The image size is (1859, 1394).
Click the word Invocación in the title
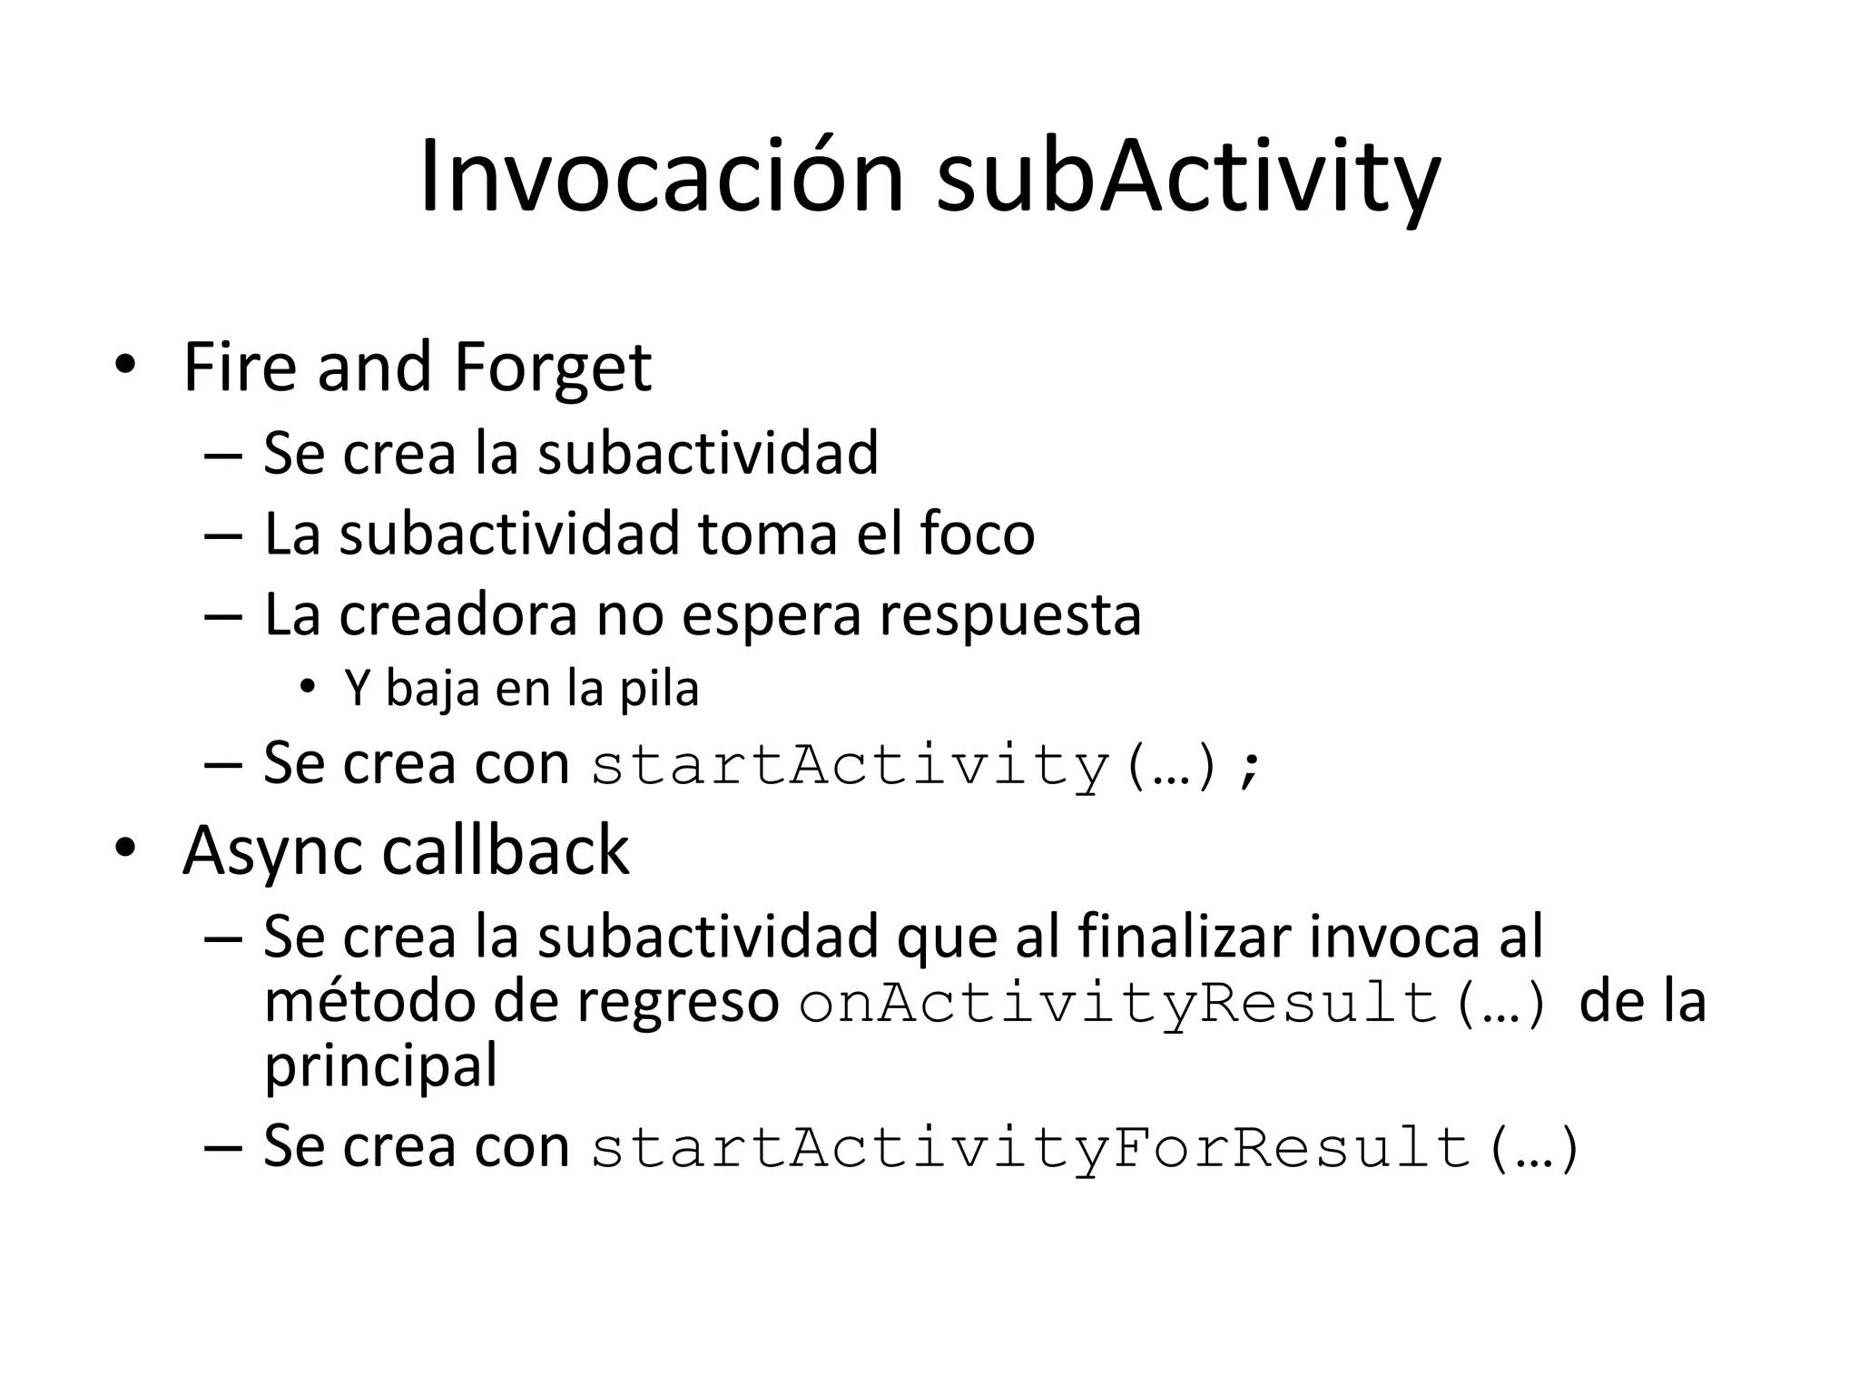tap(661, 177)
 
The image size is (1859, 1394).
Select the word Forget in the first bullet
tap(552, 368)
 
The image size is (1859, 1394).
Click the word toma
tap(768, 534)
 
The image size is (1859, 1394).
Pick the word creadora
tap(458, 614)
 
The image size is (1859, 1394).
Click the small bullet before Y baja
tap(308, 687)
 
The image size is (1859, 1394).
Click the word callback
tap(505, 850)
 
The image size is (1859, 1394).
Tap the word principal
tap(380, 1066)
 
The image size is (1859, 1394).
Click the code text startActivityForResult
tap(1029, 1148)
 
